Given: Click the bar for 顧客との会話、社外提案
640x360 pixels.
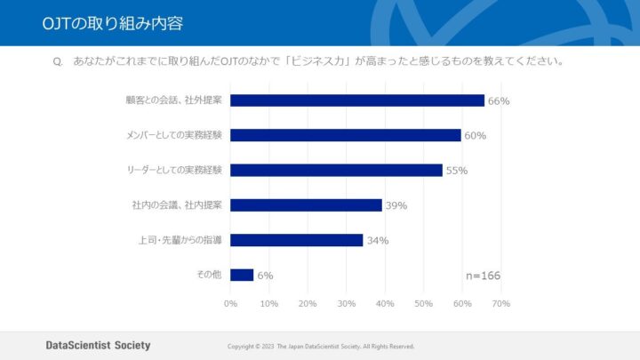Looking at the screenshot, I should point(357,100).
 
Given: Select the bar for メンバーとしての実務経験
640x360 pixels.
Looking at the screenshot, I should point(346,135).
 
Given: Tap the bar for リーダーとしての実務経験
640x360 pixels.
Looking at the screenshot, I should point(336,170).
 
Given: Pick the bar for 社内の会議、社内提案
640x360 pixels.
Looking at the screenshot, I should point(306,205).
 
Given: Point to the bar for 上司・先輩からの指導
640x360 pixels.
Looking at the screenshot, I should point(296,240).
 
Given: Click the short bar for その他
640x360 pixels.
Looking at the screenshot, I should point(242,275).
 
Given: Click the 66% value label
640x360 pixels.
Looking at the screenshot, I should point(499,101).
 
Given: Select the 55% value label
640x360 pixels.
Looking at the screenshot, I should point(457,171).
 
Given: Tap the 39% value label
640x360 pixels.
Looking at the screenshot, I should point(396,205).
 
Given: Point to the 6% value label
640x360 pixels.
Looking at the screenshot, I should point(265,276).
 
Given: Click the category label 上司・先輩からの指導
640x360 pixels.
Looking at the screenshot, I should point(180,240).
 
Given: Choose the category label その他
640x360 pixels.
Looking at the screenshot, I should point(209,275).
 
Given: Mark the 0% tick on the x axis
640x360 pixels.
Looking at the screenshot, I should point(230,304).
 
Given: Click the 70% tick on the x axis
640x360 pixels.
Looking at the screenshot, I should point(500,304).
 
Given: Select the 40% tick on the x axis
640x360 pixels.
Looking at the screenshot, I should point(385,304).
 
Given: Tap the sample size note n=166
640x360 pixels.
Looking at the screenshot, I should point(483,276).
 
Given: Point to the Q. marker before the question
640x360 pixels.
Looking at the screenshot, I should point(59,62).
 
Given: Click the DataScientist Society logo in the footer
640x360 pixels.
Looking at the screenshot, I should point(98,345).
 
